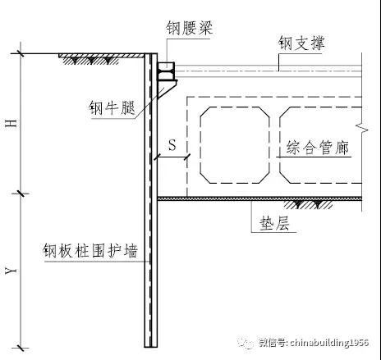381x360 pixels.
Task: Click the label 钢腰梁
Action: tap(190, 28)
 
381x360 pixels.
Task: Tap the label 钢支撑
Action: tap(301, 43)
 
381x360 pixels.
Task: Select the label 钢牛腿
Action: tap(112, 107)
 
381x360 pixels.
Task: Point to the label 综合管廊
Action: tap(318, 148)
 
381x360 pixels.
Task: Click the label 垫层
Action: tap(274, 224)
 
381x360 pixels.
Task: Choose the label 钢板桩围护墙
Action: tap(90, 250)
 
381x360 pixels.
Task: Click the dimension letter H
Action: tap(11, 124)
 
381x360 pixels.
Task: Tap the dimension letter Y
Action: tap(11, 271)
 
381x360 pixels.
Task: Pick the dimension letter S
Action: tap(172, 144)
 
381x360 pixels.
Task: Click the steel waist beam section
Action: tap(166, 71)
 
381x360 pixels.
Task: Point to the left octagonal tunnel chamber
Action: tap(235, 145)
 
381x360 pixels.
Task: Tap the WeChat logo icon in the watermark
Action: tap(246, 343)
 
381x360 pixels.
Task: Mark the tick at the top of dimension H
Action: tap(21, 53)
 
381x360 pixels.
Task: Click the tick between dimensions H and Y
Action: tap(21, 194)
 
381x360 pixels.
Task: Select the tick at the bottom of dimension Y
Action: tap(21, 348)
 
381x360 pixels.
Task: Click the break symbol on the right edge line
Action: tap(363, 128)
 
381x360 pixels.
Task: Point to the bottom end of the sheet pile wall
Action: tap(151, 347)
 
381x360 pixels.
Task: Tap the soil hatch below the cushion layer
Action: tap(308, 204)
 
